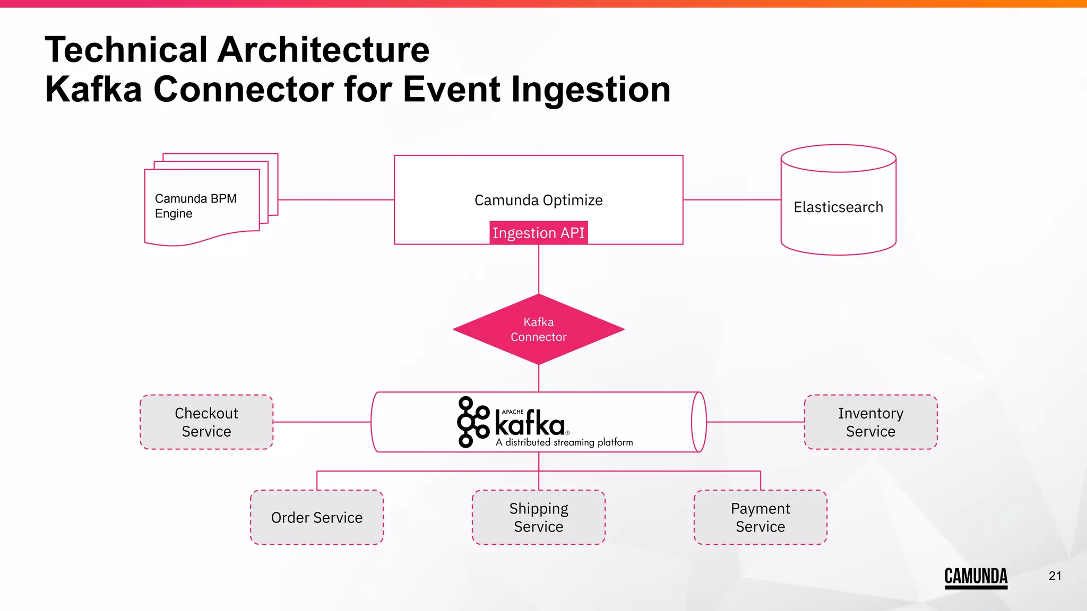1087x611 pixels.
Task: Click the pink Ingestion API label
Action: [538, 233]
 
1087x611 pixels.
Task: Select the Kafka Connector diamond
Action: [538, 329]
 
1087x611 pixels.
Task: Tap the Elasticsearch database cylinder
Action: [838, 207]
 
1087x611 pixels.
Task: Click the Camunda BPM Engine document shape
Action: [202, 207]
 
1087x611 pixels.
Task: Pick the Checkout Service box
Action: [206, 422]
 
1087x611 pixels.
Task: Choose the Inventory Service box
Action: [870, 422]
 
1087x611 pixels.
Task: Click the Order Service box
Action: [317, 517]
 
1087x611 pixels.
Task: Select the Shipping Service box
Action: [538, 517]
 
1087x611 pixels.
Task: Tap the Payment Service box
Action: [760, 517]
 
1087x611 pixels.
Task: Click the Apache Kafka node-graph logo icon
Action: [472, 422]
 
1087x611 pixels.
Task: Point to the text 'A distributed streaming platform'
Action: [564, 442]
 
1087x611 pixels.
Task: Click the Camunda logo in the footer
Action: [976, 577]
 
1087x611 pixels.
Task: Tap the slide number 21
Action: [1055, 576]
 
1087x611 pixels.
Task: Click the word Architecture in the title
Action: [323, 50]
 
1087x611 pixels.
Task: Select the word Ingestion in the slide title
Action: [590, 89]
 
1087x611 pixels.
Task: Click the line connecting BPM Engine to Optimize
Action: [335, 200]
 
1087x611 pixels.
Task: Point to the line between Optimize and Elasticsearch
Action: [731, 200]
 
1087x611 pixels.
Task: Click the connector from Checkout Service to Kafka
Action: [322, 422]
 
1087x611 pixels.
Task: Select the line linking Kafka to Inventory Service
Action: [755, 422]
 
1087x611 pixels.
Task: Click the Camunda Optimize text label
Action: [538, 200]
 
